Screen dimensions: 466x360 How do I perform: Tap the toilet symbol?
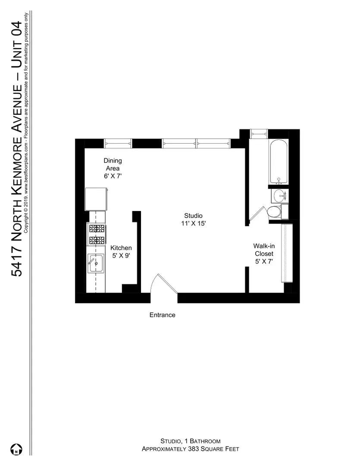tap(274, 212)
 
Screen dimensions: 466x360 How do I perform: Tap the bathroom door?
tap(258, 214)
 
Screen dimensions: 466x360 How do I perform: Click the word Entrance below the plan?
tap(162, 315)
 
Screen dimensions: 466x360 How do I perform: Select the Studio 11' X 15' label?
tap(193, 219)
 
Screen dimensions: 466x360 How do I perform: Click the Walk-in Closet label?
tap(264, 253)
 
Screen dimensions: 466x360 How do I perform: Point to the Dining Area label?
tap(112, 168)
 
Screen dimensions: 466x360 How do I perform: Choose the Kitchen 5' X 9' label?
tap(121, 252)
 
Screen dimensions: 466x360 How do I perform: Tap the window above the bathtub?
tap(259, 133)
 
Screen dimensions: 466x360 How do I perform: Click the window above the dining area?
tap(118, 143)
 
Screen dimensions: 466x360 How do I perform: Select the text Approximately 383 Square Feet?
tap(190, 449)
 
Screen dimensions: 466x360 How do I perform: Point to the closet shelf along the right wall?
tap(287, 252)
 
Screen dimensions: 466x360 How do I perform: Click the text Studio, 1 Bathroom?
tap(190, 441)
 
